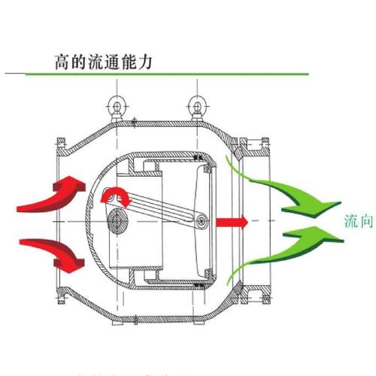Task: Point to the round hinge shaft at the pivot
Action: pos(118,221)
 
